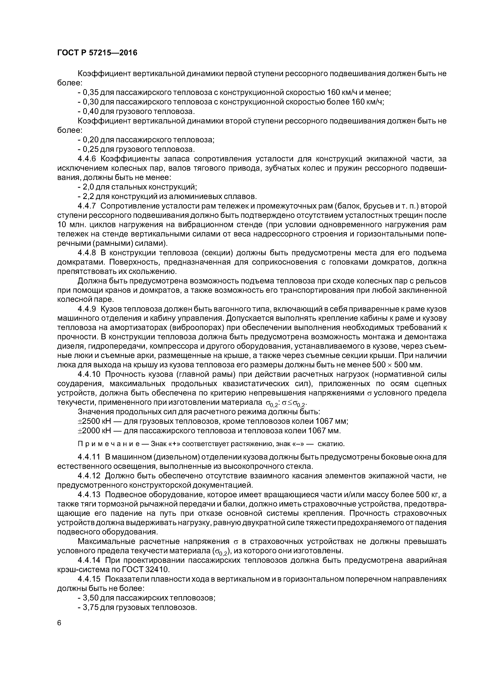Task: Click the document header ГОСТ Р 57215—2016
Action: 97,53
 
